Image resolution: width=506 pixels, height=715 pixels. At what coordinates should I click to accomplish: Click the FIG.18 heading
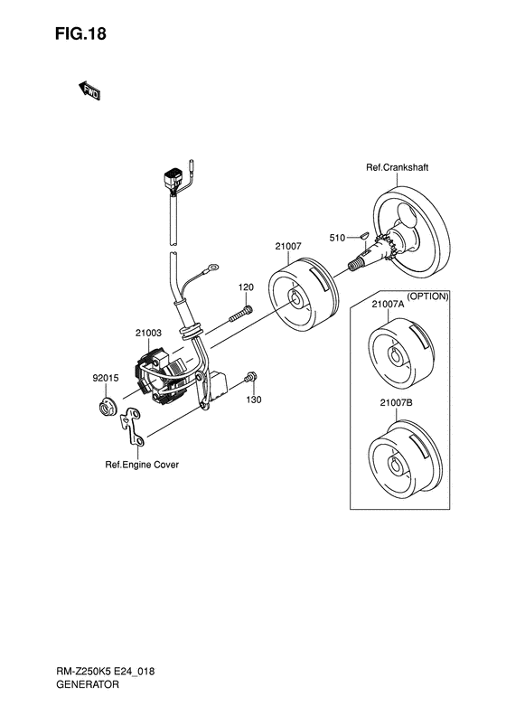(80, 33)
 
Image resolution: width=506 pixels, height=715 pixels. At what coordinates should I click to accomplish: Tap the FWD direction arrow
(89, 90)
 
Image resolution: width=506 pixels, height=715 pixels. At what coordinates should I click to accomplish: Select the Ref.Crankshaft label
(397, 167)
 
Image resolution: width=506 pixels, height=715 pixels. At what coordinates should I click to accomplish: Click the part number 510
(337, 238)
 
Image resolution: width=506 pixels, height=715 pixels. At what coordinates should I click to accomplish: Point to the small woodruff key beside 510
(363, 236)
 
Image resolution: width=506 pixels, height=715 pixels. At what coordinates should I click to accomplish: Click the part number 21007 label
(288, 246)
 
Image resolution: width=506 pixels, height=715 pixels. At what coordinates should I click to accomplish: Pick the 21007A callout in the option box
(388, 304)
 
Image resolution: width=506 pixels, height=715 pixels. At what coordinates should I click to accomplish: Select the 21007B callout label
(396, 402)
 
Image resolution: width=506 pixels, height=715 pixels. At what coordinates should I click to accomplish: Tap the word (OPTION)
(427, 296)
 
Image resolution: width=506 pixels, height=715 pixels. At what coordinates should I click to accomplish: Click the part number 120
(246, 287)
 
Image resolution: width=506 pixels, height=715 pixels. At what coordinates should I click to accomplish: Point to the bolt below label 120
(240, 315)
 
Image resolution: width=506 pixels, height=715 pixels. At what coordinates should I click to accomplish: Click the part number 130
(254, 400)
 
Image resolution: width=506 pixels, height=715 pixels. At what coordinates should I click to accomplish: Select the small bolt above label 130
(250, 377)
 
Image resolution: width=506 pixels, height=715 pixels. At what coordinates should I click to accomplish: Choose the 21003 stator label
(148, 334)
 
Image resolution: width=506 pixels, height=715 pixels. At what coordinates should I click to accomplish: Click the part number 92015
(106, 378)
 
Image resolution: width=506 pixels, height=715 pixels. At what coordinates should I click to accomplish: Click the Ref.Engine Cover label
(142, 465)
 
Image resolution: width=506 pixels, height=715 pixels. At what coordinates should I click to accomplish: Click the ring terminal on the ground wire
(212, 266)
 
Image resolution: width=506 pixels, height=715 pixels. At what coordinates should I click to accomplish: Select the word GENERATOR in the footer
(88, 684)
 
